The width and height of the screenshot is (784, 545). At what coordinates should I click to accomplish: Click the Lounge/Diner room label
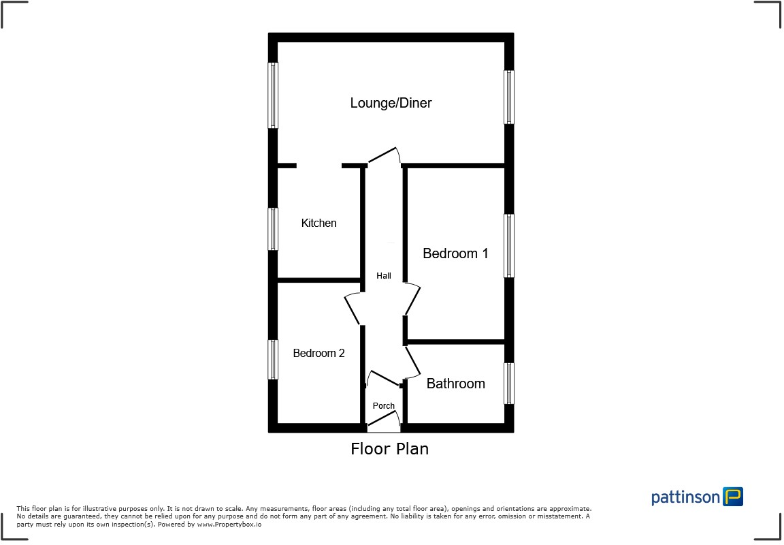[391, 104]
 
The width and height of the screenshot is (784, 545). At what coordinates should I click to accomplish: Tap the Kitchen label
[318, 223]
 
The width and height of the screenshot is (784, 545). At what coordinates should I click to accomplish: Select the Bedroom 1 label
[455, 253]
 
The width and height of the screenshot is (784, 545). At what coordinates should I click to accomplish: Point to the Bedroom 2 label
[318, 353]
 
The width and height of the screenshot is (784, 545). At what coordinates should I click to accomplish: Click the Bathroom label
[455, 384]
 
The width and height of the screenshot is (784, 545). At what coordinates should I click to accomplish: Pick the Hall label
[384, 276]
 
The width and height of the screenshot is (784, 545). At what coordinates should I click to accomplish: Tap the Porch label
[384, 406]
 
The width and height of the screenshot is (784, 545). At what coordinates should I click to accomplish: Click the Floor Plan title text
[389, 449]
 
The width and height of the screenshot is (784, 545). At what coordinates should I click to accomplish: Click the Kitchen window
[273, 229]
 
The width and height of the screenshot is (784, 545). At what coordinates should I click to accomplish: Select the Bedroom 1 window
[508, 246]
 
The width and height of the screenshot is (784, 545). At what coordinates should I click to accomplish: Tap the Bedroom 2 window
[273, 359]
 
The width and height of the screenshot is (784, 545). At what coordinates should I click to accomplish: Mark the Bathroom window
[508, 383]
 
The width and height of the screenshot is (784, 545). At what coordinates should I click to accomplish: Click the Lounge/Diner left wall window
[273, 95]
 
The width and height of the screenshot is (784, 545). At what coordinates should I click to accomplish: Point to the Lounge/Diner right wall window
[508, 97]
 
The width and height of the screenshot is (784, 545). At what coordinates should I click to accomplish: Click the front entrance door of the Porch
[384, 425]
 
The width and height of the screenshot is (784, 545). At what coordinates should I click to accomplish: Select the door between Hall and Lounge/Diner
[383, 157]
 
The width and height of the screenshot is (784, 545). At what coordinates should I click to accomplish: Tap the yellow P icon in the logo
[733, 497]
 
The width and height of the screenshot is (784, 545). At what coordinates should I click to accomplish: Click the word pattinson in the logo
[685, 497]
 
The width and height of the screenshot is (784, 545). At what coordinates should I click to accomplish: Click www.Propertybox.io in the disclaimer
[229, 525]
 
